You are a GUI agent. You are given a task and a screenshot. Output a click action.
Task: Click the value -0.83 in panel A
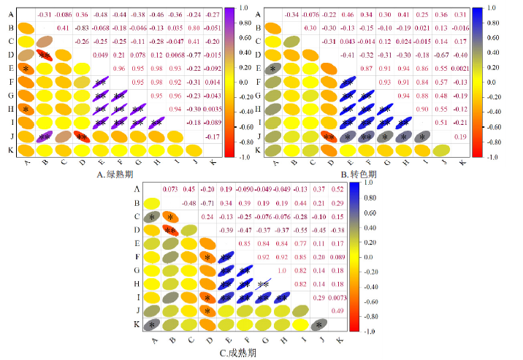pos(82,28)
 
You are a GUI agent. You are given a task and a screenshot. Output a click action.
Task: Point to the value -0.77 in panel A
pos(194,55)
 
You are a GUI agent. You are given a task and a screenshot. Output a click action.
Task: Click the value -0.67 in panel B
pos(442,55)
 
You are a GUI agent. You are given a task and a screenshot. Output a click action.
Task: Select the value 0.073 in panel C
pos(170,189)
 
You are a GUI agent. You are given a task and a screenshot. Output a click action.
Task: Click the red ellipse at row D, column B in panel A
pos(44,55)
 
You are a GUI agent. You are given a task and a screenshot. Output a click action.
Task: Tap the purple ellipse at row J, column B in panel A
pos(44,136)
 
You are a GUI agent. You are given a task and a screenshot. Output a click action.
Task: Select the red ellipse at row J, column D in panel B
pos(329,136)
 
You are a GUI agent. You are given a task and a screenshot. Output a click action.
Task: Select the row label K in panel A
pos(10,150)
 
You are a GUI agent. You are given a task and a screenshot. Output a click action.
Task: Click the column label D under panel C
pos(209,339)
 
